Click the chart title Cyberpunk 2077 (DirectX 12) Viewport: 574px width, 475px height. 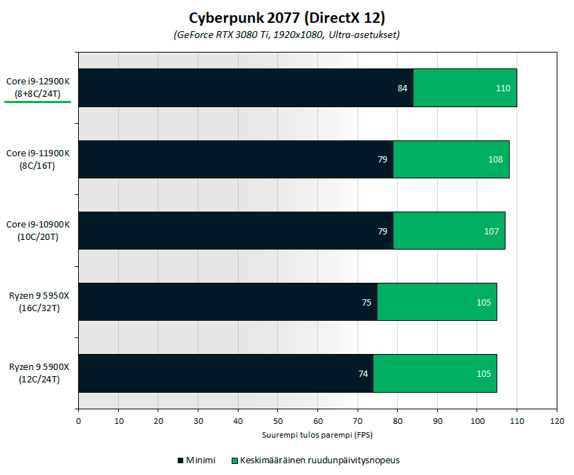tap(286, 17)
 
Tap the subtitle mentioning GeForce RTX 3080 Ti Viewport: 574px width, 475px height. tap(286, 35)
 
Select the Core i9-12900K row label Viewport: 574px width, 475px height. tap(38, 87)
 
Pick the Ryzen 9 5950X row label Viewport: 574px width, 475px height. tap(38, 302)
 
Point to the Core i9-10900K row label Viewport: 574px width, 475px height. tap(38, 230)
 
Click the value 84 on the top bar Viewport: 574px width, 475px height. tap(402, 88)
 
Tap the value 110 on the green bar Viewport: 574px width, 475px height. tap(503, 88)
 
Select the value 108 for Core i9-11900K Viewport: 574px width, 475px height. tap(495, 160)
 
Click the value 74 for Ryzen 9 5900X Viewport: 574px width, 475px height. tap(362, 374)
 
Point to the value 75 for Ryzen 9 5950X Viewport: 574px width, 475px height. tap(367, 302)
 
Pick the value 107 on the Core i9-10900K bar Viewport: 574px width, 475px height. tap(492, 231)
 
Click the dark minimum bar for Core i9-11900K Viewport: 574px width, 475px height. tap(235, 160)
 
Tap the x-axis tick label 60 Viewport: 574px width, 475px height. tap(317, 420)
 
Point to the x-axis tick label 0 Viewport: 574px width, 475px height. tap(78, 420)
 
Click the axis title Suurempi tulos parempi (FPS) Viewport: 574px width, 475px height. tap(317, 436)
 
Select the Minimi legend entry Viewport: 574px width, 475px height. tap(196, 460)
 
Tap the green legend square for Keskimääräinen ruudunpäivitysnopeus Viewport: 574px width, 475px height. tap(235, 460)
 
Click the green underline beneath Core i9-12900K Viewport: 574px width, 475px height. tap(38, 101)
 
